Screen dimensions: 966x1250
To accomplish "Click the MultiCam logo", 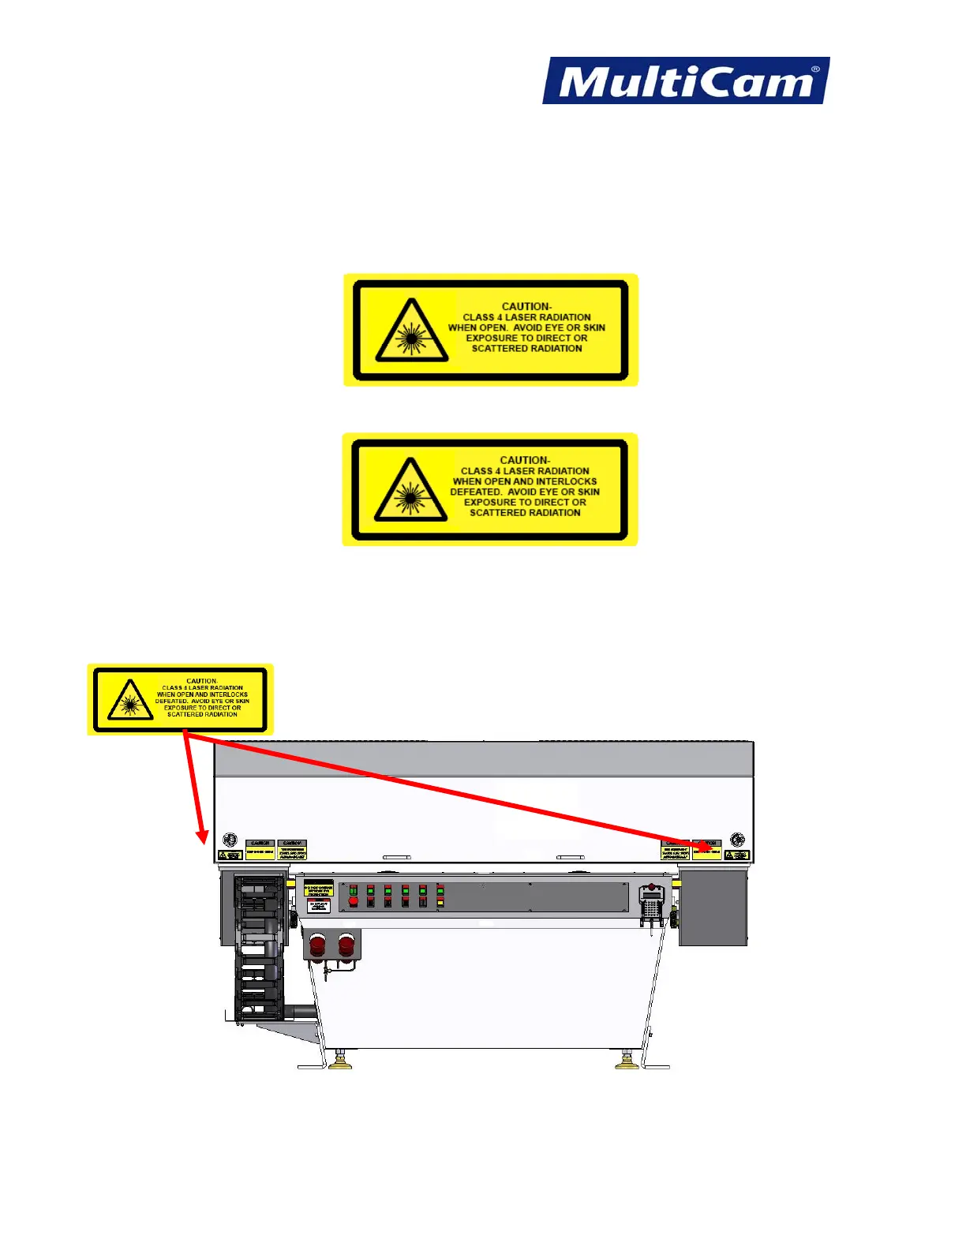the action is click(x=685, y=80).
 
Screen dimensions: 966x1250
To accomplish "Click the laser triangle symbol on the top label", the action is click(x=412, y=331).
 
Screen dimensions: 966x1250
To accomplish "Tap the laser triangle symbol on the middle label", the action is click(x=410, y=490).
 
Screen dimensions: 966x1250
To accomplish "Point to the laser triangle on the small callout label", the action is click(x=130, y=701).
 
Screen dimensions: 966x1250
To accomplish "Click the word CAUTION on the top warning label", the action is click(x=526, y=306).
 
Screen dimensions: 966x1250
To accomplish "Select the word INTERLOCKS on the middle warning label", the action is click(x=566, y=481).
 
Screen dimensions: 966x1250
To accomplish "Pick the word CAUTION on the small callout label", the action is click(x=202, y=680).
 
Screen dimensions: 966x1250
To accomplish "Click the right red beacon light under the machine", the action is click(x=346, y=943).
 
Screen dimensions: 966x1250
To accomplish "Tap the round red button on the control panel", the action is click(x=353, y=901).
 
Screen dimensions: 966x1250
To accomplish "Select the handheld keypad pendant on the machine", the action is click(x=651, y=904).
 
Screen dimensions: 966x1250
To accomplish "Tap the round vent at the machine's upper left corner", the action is click(x=230, y=839).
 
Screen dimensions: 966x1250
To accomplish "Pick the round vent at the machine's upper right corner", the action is click(x=737, y=839).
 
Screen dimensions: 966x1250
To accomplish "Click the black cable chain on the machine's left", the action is click(x=260, y=947).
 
